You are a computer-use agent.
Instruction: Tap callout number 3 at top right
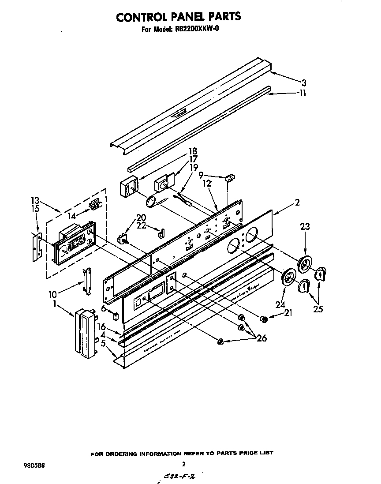coord(304,83)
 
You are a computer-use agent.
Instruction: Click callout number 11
coord(302,93)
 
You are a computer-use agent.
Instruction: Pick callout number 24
coord(280,304)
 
